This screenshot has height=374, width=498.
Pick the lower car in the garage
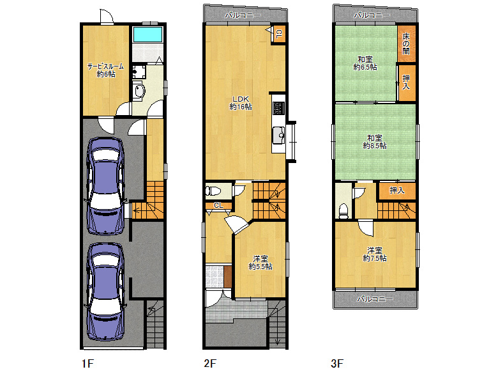106,291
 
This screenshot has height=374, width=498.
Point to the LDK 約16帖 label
240,102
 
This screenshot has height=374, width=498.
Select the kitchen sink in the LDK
278,136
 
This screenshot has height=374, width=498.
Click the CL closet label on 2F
218,205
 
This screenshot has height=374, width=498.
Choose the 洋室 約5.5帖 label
260,263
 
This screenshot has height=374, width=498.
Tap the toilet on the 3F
344,210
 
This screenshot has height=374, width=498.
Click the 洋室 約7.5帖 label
375,254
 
